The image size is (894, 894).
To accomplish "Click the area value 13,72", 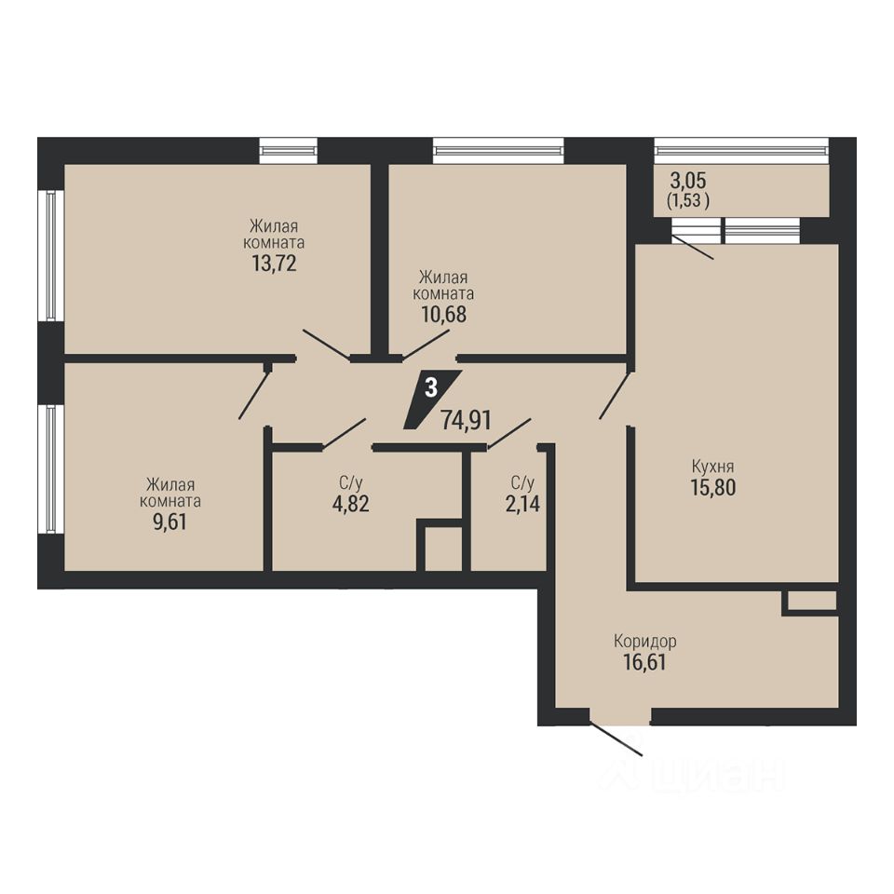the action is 274,264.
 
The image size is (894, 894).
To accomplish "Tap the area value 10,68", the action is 443,314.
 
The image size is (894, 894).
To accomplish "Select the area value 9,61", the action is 169,521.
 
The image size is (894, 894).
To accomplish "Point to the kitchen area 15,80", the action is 713,487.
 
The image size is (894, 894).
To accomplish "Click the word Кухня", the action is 712,467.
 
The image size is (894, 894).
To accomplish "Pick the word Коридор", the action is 644,642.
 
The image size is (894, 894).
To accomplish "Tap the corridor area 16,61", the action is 644,662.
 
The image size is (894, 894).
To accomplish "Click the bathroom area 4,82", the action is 351,504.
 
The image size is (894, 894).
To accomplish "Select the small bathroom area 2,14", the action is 522,504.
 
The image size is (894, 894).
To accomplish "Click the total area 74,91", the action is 466,421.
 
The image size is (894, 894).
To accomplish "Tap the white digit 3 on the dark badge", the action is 431,388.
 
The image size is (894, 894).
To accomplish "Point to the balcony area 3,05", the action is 688,181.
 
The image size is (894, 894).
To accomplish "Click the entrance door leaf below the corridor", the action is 616,738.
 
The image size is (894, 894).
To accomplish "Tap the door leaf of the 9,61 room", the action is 253,394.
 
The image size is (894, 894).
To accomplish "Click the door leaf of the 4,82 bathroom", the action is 344,433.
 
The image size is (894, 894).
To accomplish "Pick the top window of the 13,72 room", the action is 288,151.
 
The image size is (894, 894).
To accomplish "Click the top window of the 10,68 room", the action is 498,151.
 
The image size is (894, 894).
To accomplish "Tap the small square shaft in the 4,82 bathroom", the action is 442,549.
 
